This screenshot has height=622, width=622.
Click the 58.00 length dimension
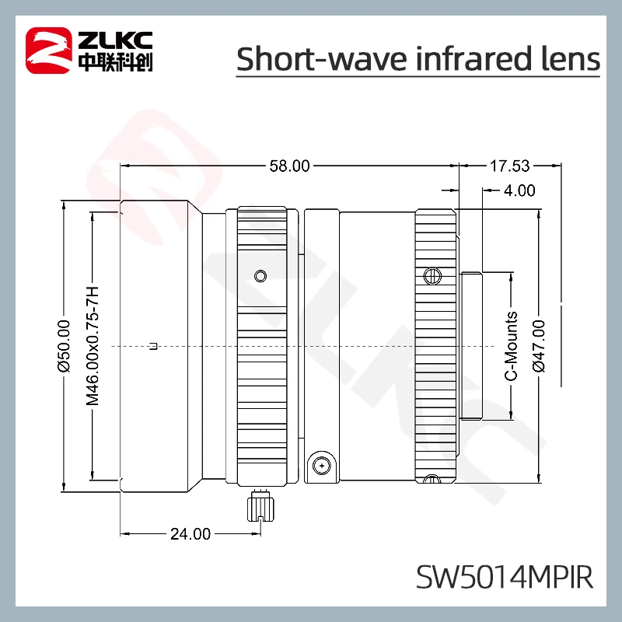pyautogui.click(x=289, y=166)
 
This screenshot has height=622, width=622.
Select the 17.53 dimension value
pyautogui.click(x=509, y=166)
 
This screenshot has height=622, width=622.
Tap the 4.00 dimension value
pyautogui.click(x=519, y=190)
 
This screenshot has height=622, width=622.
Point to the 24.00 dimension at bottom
pyautogui.click(x=190, y=533)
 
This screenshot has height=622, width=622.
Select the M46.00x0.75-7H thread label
pyautogui.click(x=93, y=346)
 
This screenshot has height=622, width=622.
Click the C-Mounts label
pyautogui.click(x=511, y=346)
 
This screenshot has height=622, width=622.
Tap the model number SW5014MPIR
pyautogui.click(x=505, y=578)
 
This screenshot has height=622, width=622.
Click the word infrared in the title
pyautogui.click(x=453, y=59)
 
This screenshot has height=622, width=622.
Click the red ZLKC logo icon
pyautogui.click(x=49, y=51)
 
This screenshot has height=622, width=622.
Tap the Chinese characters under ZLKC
pyautogui.click(x=115, y=63)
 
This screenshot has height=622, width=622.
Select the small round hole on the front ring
pyautogui.click(x=260, y=275)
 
